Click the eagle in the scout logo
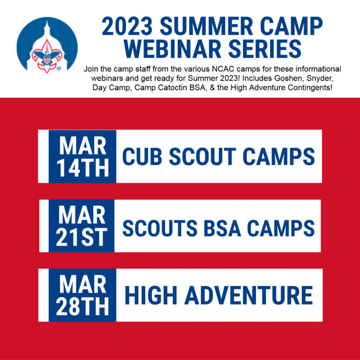tap(47, 57)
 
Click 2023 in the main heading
tap(127, 26)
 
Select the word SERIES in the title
tap(265, 49)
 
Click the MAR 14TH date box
tap(82, 157)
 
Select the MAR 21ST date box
tap(82, 226)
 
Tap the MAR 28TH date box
tap(82, 295)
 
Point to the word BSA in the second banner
tap(223, 228)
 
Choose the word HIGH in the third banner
tap(151, 295)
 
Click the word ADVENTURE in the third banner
tap(249, 295)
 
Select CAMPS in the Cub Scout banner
tap(279, 157)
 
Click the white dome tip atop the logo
tap(47, 23)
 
